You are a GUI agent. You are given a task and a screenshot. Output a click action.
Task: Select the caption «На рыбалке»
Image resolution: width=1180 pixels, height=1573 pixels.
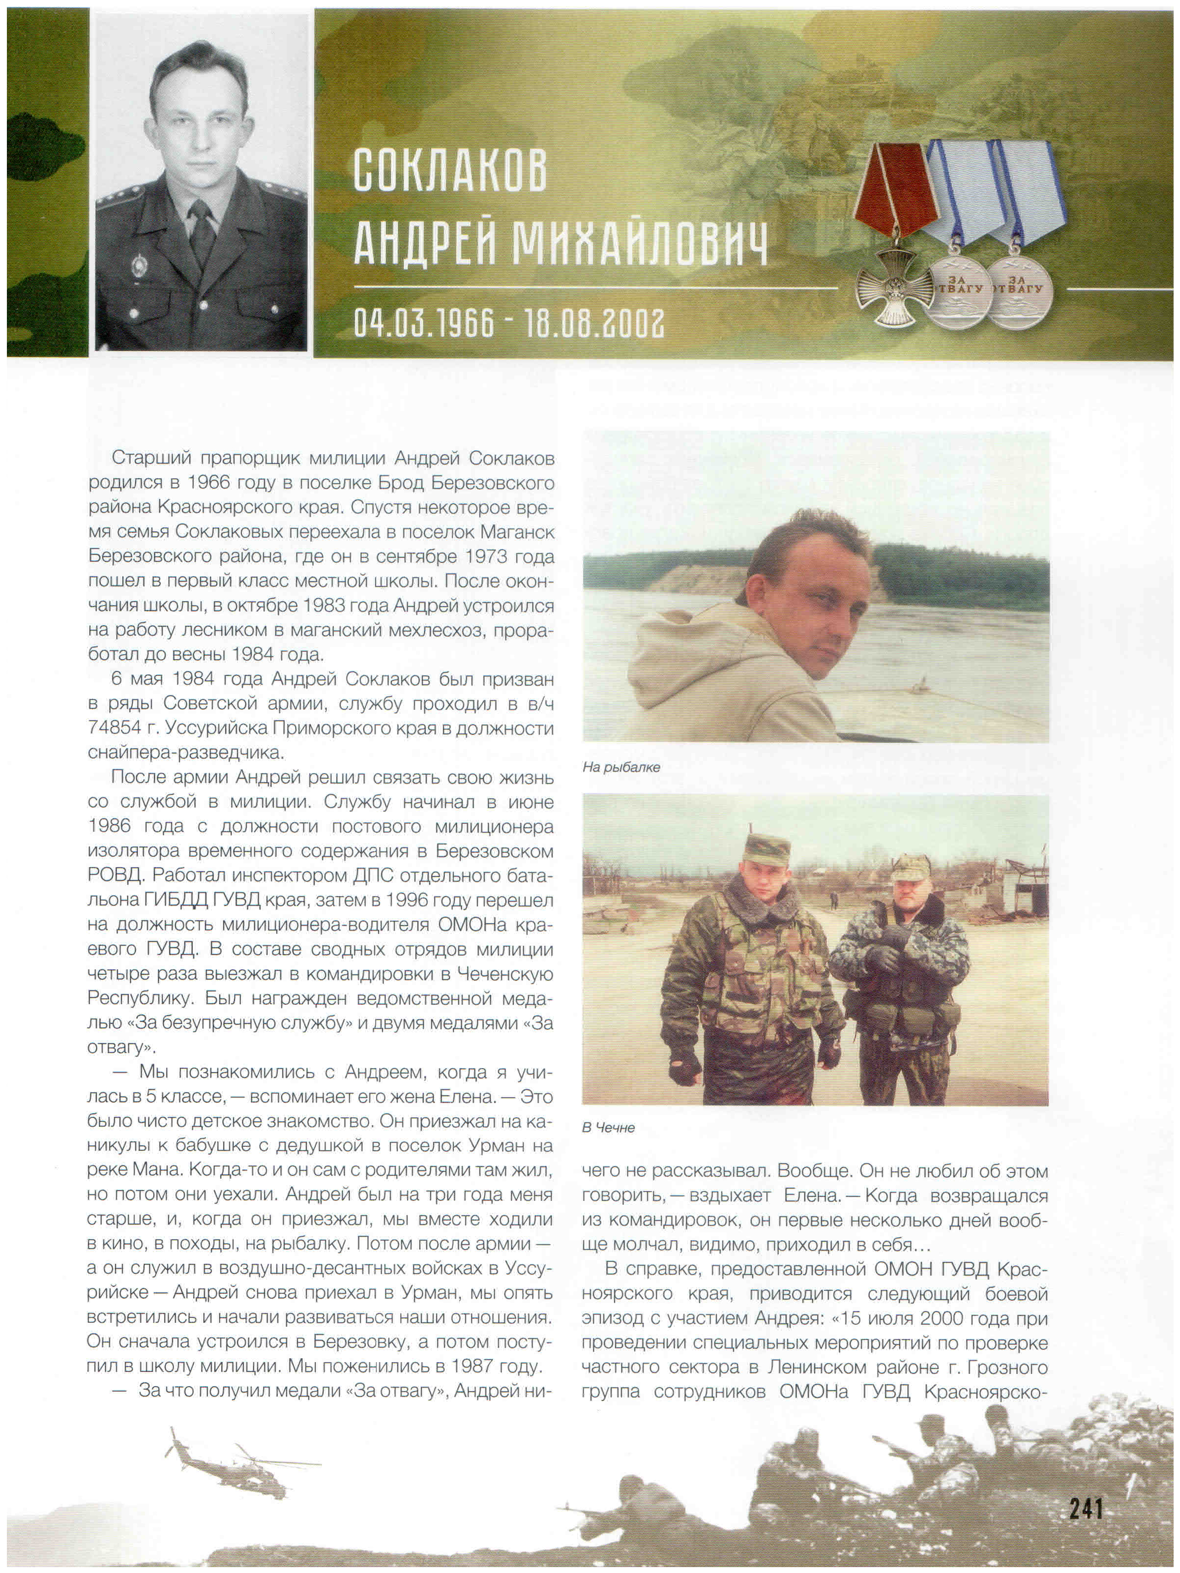pyautogui.click(x=621, y=767)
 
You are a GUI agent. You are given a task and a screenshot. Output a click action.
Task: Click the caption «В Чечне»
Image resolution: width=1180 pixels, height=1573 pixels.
pyautogui.click(x=608, y=1128)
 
